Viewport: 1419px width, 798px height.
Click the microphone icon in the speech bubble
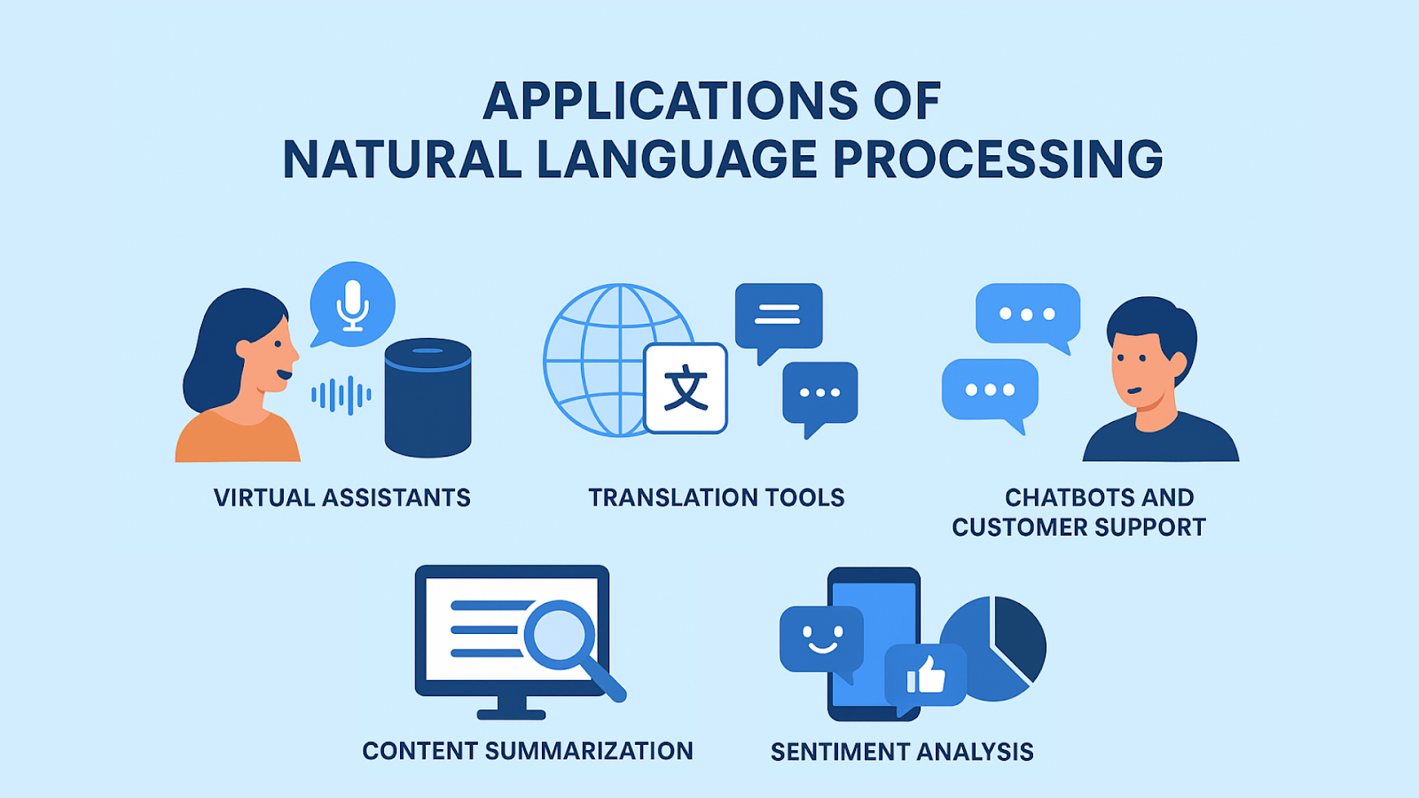(352, 306)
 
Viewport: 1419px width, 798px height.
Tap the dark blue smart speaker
(428, 398)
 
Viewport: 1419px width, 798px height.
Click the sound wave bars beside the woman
(341, 395)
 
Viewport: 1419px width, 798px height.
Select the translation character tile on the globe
(686, 388)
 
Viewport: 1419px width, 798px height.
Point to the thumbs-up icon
(926, 675)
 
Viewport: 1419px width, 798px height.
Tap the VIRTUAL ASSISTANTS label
(342, 497)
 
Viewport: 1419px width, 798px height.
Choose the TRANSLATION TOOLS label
(717, 497)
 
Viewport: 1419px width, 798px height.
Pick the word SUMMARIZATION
(589, 751)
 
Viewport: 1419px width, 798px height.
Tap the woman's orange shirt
(238, 437)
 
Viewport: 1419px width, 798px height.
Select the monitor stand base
(511, 715)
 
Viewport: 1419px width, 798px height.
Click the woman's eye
(278, 344)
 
